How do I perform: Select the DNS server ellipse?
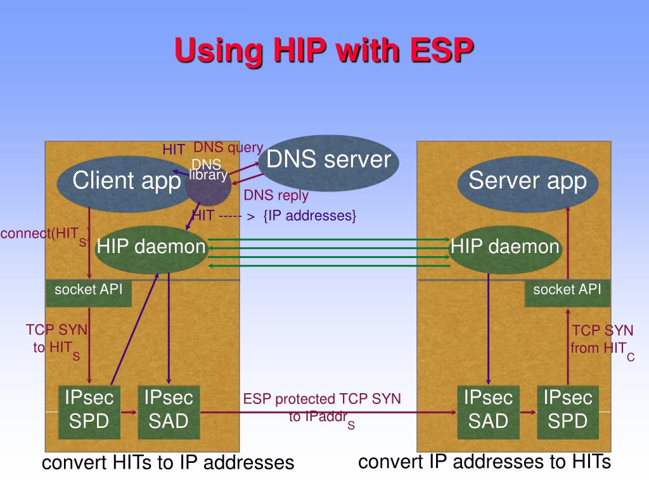[x=329, y=162]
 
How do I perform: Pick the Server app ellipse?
[x=527, y=183]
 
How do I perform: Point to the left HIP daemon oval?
[x=151, y=247]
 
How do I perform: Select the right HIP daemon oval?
[x=505, y=247]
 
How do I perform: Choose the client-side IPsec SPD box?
[x=89, y=411]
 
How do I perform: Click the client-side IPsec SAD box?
[x=169, y=411]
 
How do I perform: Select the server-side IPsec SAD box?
[x=488, y=411]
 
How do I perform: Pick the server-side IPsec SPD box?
[x=568, y=411]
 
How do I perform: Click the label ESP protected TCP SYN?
[x=322, y=399]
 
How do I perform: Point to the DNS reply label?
[x=276, y=195]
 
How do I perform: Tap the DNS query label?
[x=228, y=148]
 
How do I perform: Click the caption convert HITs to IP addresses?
[x=168, y=463]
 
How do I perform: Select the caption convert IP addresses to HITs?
[x=484, y=462]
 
